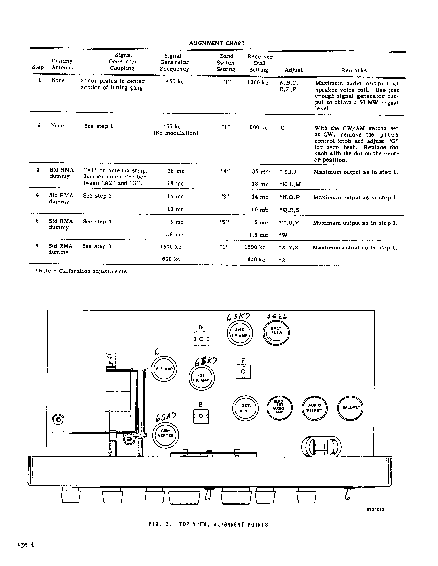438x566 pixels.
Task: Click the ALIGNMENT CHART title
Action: (x=217, y=43)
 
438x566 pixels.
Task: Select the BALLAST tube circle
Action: (x=351, y=408)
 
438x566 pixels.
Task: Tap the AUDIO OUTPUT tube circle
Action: (x=314, y=408)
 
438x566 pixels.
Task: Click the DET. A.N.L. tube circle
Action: (x=246, y=408)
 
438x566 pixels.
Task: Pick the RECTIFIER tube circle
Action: (x=276, y=333)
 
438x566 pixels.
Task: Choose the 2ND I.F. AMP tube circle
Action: (x=240, y=333)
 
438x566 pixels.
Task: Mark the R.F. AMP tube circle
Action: (x=165, y=369)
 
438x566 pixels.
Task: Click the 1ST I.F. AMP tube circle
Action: (x=202, y=378)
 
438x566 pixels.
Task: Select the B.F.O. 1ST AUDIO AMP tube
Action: (x=280, y=408)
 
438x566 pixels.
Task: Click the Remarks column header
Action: (x=354, y=70)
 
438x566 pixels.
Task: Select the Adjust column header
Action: (x=293, y=70)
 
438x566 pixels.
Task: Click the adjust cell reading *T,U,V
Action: (x=289, y=223)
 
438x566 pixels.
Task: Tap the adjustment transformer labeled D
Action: (x=201, y=339)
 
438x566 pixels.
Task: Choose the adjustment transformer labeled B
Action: (x=201, y=416)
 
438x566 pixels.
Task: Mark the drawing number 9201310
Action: (x=375, y=510)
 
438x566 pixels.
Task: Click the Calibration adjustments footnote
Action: (x=82, y=271)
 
